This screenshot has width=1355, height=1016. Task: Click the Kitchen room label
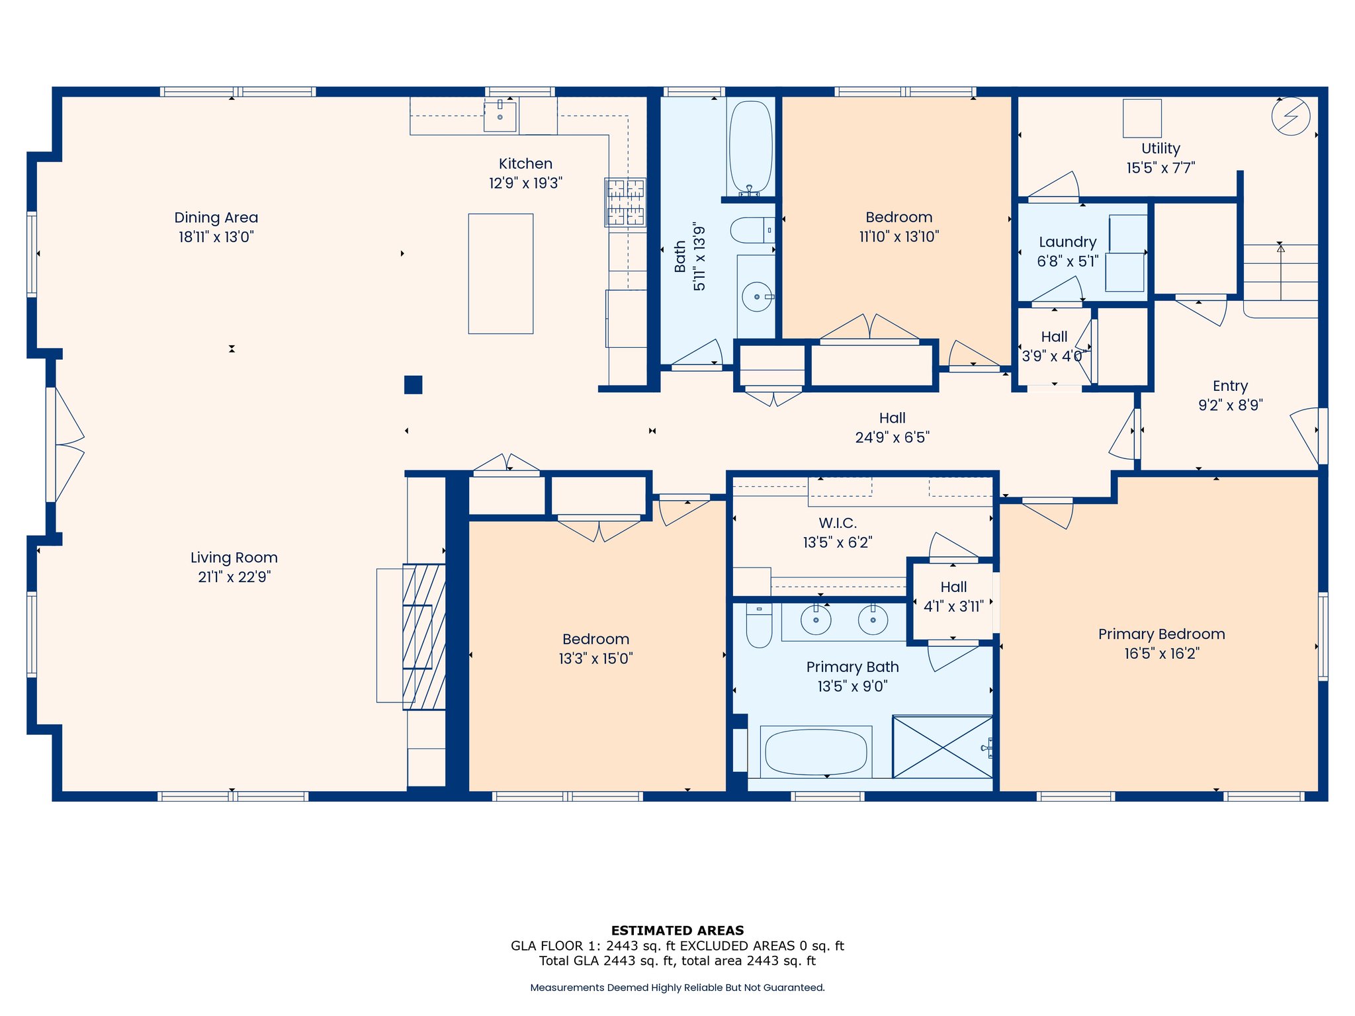[525, 163]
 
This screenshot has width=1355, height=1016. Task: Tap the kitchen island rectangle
[501, 273]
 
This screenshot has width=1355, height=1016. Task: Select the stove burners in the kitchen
[625, 202]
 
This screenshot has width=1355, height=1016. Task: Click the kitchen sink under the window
[500, 115]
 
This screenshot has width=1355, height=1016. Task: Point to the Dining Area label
[216, 218]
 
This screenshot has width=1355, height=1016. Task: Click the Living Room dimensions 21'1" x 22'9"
[234, 577]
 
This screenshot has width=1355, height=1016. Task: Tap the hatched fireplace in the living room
[424, 636]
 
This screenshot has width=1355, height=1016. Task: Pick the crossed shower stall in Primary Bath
[942, 746]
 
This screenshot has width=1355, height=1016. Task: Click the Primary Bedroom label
[1162, 634]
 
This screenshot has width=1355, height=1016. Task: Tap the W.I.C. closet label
[838, 523]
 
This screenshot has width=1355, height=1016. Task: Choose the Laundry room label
[1068, 242]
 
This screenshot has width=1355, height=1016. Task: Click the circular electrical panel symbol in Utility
[1291, 116]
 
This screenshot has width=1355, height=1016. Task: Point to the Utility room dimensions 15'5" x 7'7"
[1161, 167]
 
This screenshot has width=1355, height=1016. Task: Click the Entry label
[1231, 386]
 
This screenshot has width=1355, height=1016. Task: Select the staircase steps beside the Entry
[1281, 272]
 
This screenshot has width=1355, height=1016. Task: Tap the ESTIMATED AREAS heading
[677, 930]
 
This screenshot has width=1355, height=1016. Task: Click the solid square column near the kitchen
[413, 385]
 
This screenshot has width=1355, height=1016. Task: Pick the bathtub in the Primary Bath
[816, 752]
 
